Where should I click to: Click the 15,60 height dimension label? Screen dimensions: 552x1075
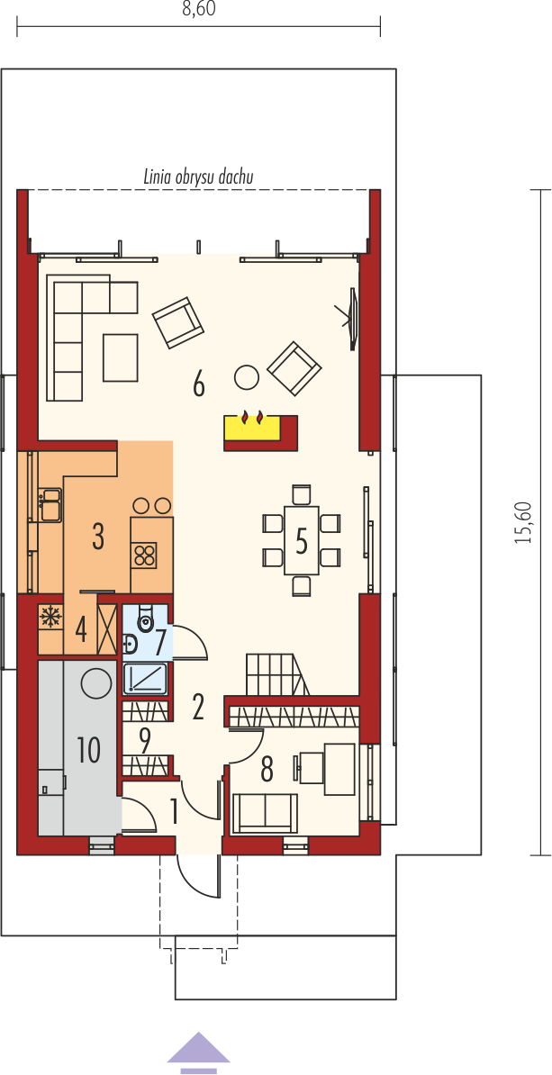click(x=525, y=521)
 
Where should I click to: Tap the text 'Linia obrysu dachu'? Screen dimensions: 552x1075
click(x=199, y=177)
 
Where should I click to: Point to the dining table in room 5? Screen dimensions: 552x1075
click(x=301, y=540)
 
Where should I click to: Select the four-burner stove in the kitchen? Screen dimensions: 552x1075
click(x=145, y=554)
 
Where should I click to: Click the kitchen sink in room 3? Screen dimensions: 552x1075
click(x=50, y=504)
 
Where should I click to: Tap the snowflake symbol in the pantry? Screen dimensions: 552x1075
click(x=50, y=617)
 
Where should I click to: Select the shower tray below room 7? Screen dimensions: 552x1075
click(x=145, y=679)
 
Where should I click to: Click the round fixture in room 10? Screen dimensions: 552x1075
click(x=96, y=682)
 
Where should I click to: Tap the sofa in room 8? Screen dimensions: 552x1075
click(x=265, y=812)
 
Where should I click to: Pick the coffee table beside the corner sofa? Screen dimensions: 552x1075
click(x=121, y=357)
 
